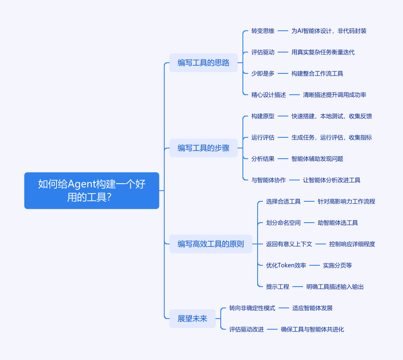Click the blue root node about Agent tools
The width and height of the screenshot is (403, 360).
(91, 190)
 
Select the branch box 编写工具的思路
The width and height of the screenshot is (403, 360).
(203, 63)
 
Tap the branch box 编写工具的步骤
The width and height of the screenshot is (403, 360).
(203, 148)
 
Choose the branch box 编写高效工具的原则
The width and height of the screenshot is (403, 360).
(211, 244)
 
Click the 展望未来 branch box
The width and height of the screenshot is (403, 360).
(192, 319)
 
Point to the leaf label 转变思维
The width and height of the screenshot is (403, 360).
(263, 31)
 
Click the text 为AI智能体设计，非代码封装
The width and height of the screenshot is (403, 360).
(329, 31)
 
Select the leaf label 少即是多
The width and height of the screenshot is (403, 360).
(263, 73)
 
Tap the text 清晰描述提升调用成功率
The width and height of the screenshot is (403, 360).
(334, 95)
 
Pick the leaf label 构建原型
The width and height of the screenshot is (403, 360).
(263, 116)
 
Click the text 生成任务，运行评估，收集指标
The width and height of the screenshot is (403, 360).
(331, 137)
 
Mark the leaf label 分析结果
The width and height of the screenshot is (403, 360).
(263, 159)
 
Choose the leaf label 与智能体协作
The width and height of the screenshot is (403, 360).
(268, 180)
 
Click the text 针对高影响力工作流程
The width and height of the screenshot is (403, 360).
(346, 201)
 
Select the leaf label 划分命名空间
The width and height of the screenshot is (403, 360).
(283, 223)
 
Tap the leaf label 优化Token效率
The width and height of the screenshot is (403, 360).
(286, 265)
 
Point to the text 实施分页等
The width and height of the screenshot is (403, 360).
(337, 265)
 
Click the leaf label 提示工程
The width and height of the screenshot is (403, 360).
(277, 287)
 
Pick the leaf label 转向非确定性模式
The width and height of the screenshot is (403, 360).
(252, 308)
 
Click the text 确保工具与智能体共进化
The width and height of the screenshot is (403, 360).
(312, 329)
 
